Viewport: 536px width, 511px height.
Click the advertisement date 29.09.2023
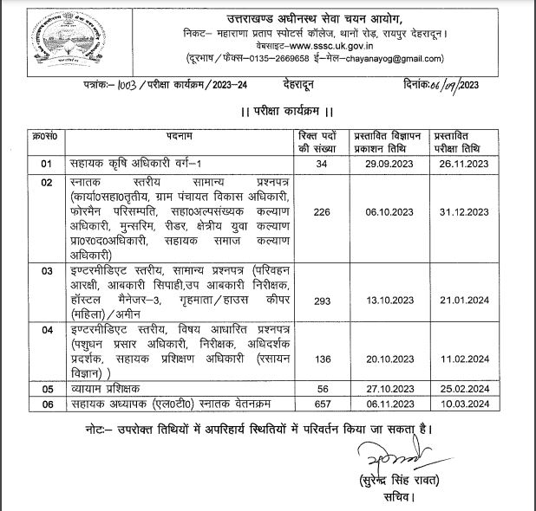(x=384, y=164)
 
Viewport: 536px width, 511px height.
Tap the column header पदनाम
(x=179, y=136)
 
